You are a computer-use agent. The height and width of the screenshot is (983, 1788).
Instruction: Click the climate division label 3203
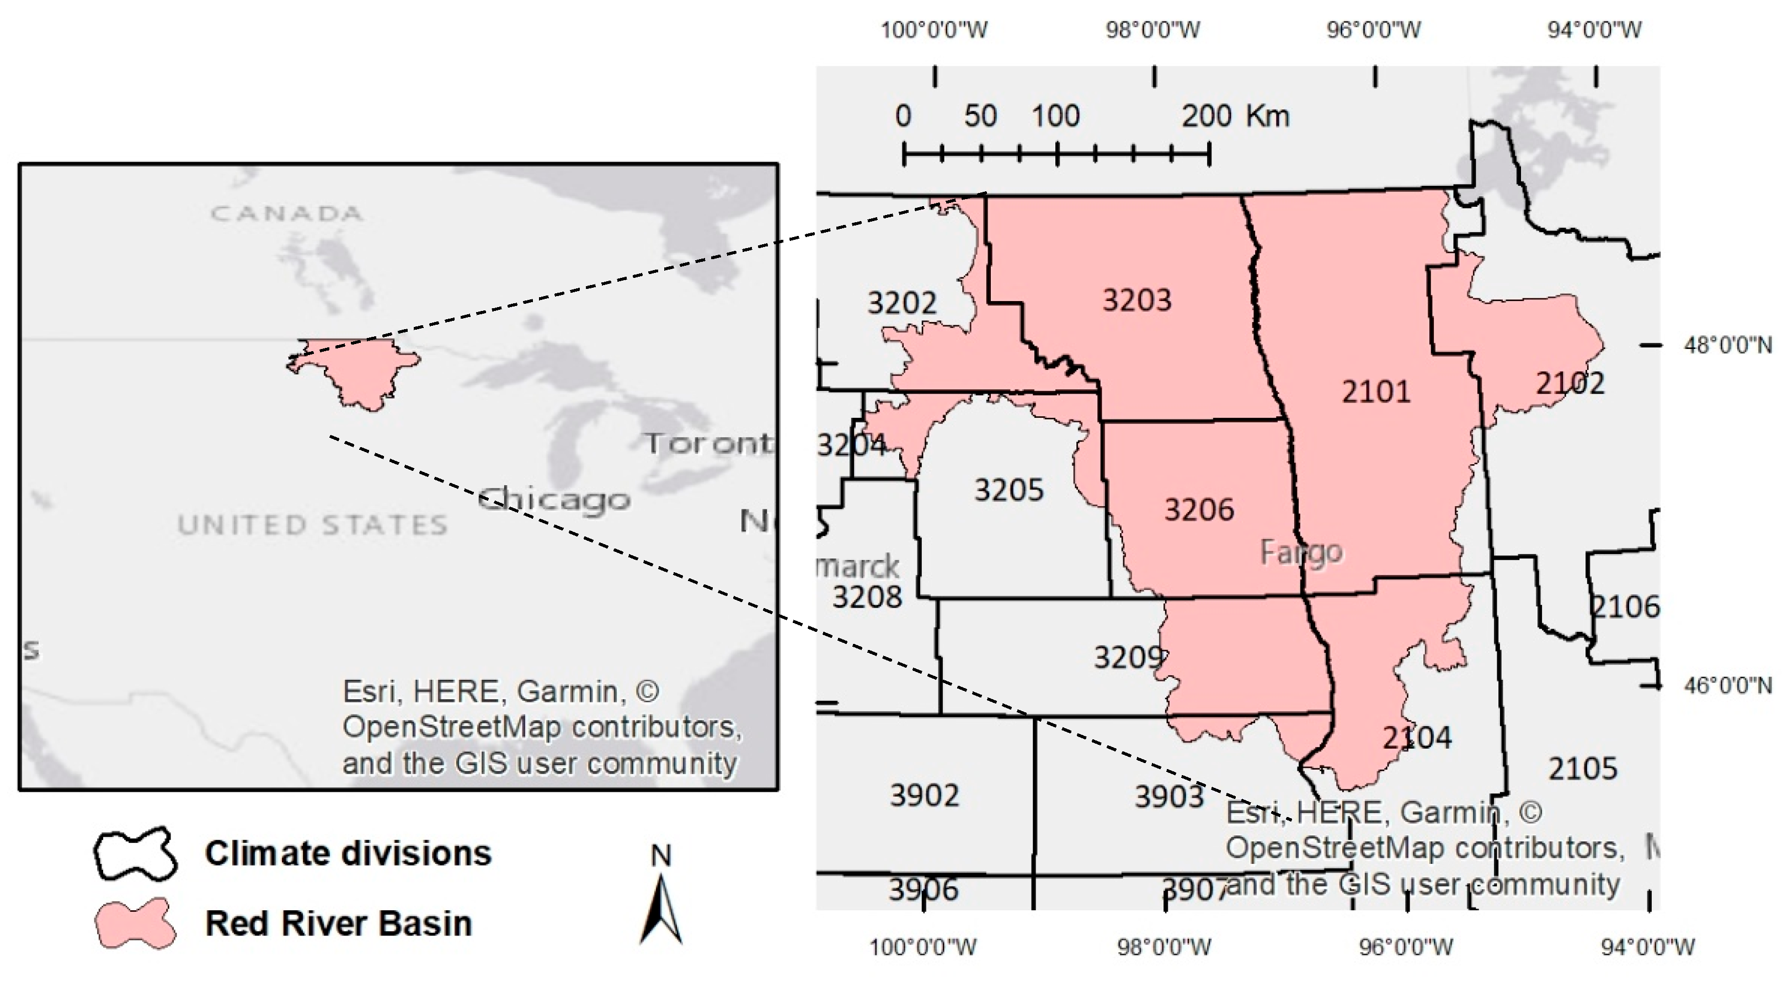[1137, 300]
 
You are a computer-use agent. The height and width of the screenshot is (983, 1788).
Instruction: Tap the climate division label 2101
[1376, 392]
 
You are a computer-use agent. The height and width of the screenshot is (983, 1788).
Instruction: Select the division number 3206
[1199, 510]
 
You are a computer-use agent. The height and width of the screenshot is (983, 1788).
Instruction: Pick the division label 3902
[925, 795]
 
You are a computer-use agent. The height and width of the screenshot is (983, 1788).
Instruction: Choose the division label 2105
[1583, 769]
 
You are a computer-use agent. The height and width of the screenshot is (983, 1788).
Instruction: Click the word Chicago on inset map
[554, 499]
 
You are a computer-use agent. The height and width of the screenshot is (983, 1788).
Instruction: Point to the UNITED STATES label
[312, 524]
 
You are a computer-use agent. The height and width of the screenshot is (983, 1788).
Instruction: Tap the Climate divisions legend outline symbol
[135, 854]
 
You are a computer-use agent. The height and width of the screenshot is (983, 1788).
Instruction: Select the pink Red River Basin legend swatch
[135, 924]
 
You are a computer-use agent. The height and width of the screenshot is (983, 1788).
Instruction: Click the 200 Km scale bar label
[1236, 116]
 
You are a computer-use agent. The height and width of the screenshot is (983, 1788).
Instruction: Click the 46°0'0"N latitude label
[1726, 685]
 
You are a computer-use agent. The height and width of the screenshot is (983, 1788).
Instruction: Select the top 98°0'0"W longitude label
[1152, 30]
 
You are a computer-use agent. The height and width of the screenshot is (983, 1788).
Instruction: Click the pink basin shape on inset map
[361, 371]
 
